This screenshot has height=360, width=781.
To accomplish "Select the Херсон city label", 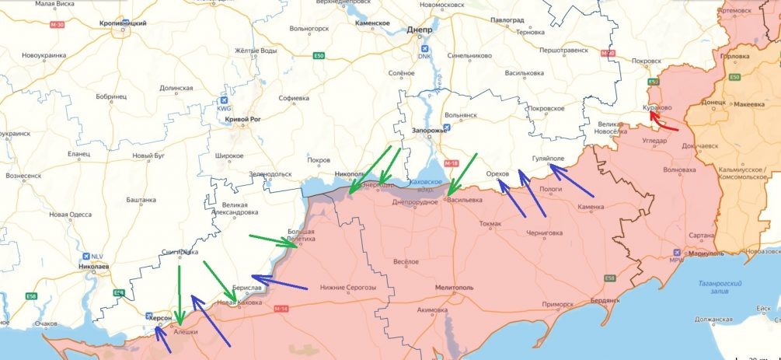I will (161, 318).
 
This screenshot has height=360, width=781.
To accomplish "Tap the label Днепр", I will (420, 30).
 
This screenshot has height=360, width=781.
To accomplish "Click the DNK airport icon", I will (424, 47).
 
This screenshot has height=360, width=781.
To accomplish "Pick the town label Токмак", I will (490, 224).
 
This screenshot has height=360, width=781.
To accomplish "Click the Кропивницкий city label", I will (123, 24).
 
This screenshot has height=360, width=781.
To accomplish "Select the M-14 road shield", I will (281, 309).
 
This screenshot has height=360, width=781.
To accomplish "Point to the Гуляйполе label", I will (547, 158).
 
